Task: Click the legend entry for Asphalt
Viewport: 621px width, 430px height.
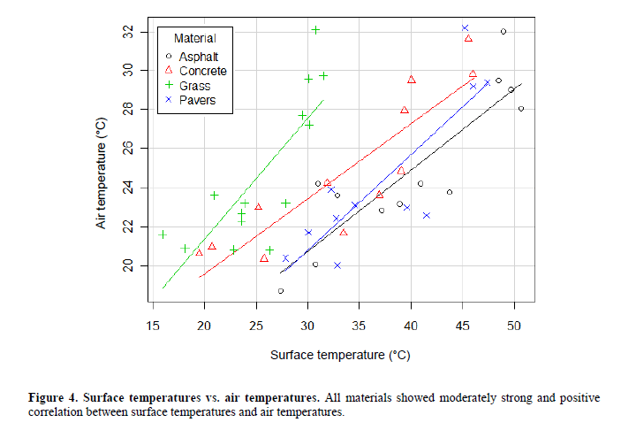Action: click(193, 56)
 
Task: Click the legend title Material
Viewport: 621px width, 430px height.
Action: click(194, 38)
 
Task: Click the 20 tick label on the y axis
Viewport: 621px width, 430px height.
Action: click(129, 265)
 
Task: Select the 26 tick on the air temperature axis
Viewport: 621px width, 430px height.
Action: click(129, 149)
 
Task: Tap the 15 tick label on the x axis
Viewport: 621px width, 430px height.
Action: click(153, 325)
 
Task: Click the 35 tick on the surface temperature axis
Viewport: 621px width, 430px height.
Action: click(360, 325)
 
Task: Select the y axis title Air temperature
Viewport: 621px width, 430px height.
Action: click(102, 167)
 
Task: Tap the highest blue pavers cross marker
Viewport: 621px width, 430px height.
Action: click(465, 28)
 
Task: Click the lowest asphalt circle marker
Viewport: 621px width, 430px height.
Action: click(281, 290)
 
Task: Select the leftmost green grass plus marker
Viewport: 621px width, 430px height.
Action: click(163, 234)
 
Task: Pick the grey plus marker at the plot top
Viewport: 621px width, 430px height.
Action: click(315, 30)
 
